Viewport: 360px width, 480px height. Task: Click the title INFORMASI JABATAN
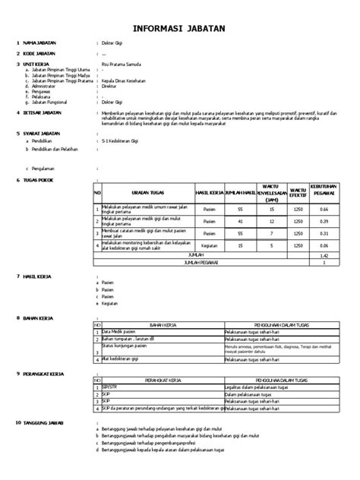pyautogui.click(x=179, y=30)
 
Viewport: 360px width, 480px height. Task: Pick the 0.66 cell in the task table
pyautogui.click(x=324, y=209)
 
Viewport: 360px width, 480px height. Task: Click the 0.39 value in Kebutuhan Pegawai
pyautogui.click(x=324, y=221)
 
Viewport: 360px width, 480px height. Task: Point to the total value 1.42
pyautogui.click(x=324, y=256)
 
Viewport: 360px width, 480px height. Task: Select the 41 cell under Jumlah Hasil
pyautogui.click(x=239, y=221)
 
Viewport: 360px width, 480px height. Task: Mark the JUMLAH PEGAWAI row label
pyautogui.click(x=196, y=263)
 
